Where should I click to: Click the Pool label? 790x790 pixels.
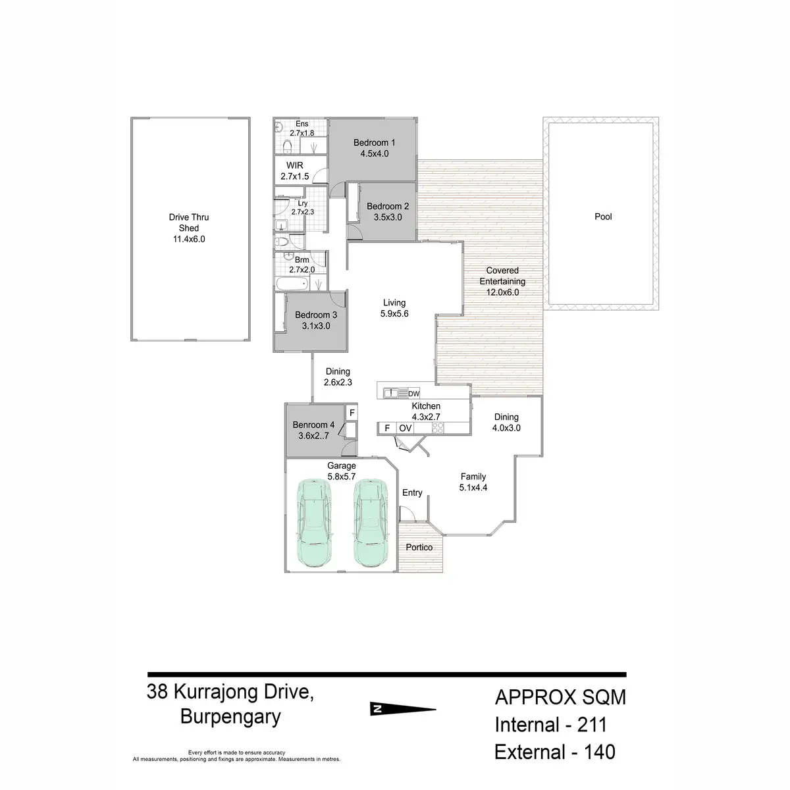coord(603,217)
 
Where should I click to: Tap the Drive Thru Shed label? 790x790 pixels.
coord(188,223)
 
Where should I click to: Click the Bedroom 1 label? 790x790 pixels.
coord(374,143)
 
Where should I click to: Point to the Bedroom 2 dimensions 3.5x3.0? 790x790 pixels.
coord(388,217)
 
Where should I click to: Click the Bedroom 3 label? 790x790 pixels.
coord(316,315)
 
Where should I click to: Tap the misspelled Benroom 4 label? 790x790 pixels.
coord(313,425)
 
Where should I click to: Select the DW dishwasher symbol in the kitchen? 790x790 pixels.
coord(413,394)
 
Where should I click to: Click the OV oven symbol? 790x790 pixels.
coord(405,428)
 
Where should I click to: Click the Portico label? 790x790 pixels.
coord(419,548)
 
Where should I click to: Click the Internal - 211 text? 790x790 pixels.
coord(550,725)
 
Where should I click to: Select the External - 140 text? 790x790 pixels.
coord(554,752)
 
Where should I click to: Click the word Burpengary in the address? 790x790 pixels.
coord(230,717)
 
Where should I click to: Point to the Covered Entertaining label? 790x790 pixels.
coord(502,276)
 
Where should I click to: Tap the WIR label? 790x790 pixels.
coord(294,165)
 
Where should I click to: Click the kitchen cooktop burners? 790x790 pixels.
coord(437,428)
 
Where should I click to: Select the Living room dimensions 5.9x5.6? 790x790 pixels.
coord(394,314)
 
